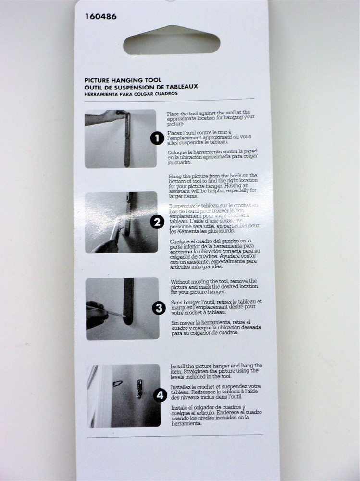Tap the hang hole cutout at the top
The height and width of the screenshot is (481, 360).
pos(172,42)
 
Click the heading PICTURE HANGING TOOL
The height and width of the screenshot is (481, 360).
pos(123,80)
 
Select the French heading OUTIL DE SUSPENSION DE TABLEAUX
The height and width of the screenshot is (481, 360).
pos(141,87)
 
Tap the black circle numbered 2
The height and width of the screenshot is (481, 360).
pos(157,222)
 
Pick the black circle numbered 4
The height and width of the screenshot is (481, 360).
pos(159,395)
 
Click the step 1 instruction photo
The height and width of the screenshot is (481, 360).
pos(120,139)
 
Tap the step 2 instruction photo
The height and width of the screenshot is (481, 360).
pos(121,222)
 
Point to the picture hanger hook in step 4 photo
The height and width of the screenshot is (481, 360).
pos(139,388)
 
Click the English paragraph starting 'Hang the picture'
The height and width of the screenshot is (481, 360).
pos(213,186)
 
